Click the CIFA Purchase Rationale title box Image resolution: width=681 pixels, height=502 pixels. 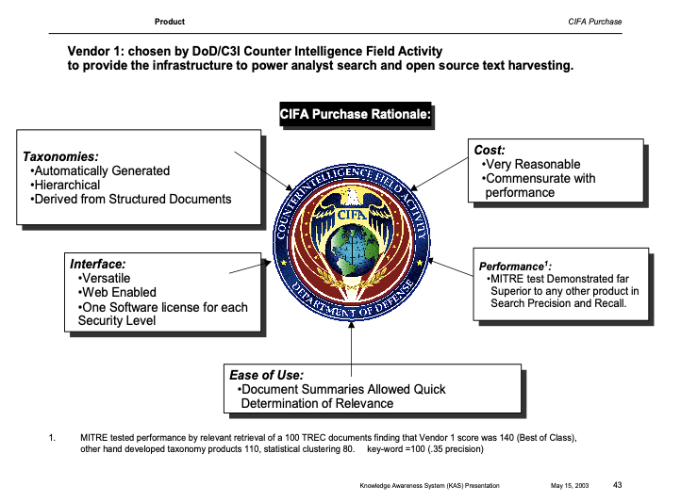[356, 114]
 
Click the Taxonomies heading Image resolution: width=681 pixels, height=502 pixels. [60, 156]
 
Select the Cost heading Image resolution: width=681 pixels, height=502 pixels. [490, 150]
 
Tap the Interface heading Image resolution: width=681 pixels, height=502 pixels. [98, 265]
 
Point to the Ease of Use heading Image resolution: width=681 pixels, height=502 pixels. [267, 375]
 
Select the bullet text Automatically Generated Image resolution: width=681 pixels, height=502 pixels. [102, 170]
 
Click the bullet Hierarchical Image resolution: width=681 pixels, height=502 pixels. [68, 185]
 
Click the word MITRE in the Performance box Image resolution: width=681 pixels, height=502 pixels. [508, 280]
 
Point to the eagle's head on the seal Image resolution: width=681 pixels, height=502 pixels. [351, 196]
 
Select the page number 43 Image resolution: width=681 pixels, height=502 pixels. [618, 484]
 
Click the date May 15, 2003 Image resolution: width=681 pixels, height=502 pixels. [569, 485]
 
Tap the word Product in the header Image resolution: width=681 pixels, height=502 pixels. [170, 22]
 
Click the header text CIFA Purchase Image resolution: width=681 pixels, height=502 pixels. [595, 22]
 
